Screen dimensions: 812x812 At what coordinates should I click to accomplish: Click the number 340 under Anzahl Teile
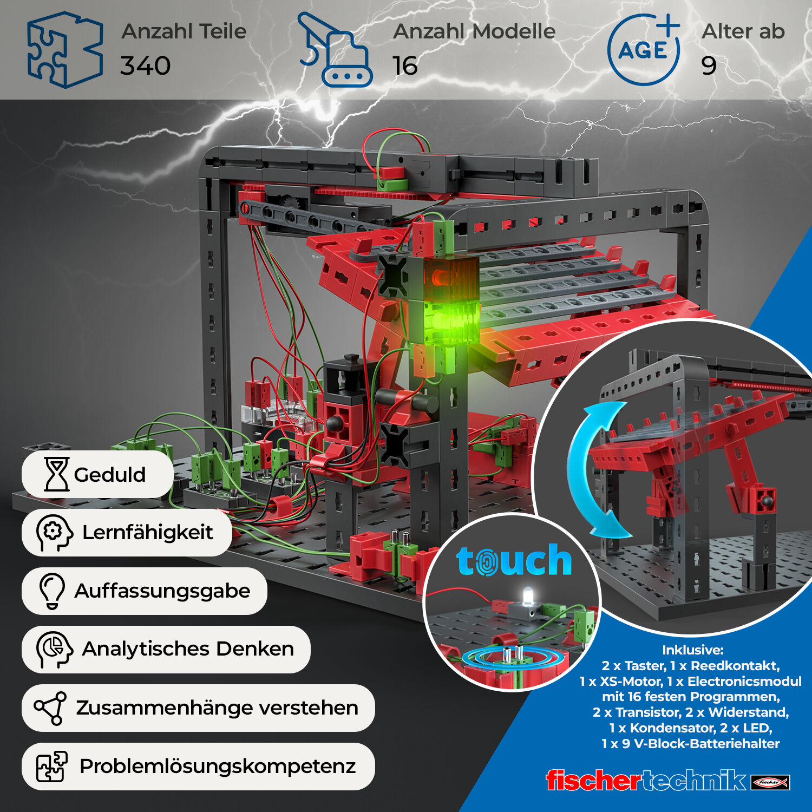[x=145, y=66]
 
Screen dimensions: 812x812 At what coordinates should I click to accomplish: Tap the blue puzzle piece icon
[x=64, y=50]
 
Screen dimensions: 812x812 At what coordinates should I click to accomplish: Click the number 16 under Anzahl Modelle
[x=405, y=66]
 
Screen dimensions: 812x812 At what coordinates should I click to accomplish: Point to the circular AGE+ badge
[x=644, y=50]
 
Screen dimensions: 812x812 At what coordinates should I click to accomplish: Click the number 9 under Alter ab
[x=709, y=66]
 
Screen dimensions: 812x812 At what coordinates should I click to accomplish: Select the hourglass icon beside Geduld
[x=56, y=474]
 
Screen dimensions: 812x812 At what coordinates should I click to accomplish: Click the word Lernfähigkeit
[x=147, y=533]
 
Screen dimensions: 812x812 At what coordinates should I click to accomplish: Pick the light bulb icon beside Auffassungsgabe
[x=52, y=591]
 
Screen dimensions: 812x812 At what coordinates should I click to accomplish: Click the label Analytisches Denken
[x=187, y=649]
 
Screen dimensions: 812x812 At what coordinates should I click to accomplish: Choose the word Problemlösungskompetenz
[x=218, y=767]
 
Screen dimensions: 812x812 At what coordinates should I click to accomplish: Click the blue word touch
[x=514, y=561]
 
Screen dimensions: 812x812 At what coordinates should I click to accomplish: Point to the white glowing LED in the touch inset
[x=528, y=596]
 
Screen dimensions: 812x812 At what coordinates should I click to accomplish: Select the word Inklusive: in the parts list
[x=692, y=650]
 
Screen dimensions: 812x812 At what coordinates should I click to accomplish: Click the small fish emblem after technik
[x=770, y=782]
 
